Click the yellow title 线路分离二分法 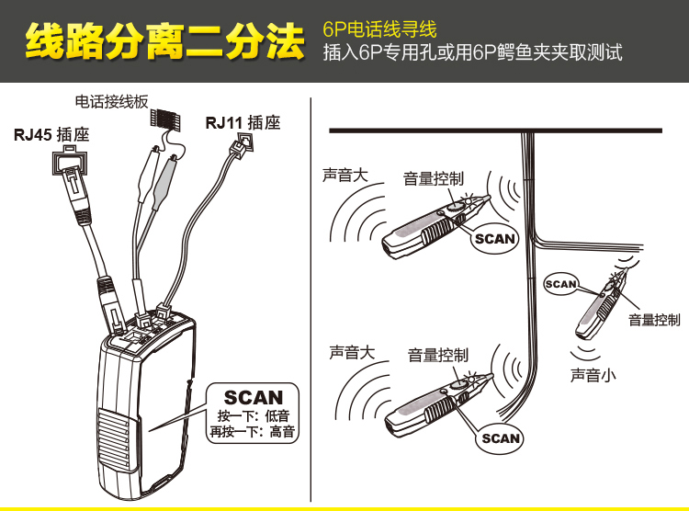tap(164, 41)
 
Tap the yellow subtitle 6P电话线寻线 tap(379, 29)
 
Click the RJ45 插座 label tap(51, 134)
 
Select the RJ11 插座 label tap(243, 122)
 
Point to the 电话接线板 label tap(111, 102)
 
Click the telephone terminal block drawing tap(164, 119)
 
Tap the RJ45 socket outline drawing tap(70, 162)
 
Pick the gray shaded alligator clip tap(164, 180)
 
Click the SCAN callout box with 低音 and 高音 tap(253, 413)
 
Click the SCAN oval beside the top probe tap(494, 239)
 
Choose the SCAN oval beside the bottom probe tap(500, 438)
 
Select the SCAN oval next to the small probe tap(560, 284)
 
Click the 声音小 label tap(593, 375)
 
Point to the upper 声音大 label tap(344, 175)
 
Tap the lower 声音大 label tap(352, 352)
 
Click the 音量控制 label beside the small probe tap(654, 320)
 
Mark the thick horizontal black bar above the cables tap(496, 131)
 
